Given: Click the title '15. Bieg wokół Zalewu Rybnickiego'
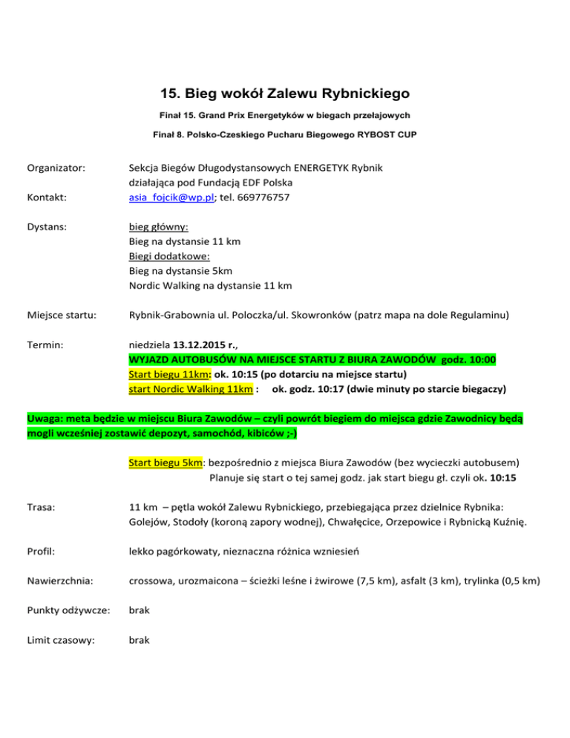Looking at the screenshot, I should [x=285, y=94].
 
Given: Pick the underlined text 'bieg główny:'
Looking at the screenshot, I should [x=158, y=228].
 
